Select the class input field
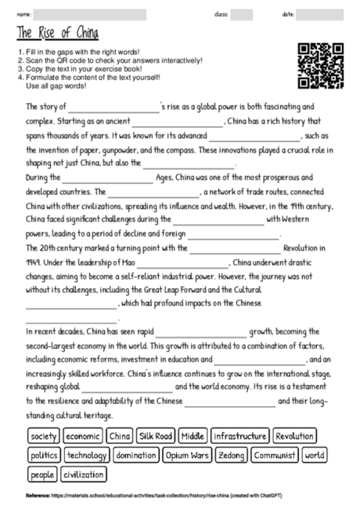coord(242,14)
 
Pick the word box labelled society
coord(44,435)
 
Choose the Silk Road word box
coord(154,435)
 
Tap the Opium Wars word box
coord(189,454)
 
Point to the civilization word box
coord(83,474)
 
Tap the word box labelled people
coord(41,474)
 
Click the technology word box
coord(87,454)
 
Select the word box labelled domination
coord(136,454)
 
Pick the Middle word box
coord(193,435)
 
